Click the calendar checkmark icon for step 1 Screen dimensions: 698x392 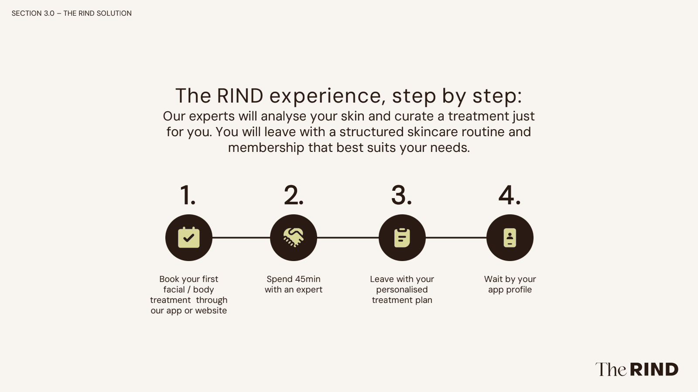click(x=189, y=238)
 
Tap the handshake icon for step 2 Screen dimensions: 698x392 click(x=294, y=238)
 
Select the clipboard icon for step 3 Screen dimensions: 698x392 click(x=402, y=238)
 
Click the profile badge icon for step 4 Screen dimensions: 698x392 click(x=510, y=238)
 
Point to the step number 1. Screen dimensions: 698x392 click(x=188, y=195)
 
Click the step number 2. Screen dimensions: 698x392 click(x=294, y=195)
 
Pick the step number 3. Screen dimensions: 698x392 click(x=401, y=195)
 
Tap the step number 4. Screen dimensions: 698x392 click(x=510, y=195)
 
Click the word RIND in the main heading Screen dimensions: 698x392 click(x=240, y=96)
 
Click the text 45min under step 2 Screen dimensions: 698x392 click(x=308, y=279)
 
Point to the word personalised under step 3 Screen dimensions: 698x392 click(x=402, y=290)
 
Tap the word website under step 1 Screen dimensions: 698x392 click(x=211, y=311)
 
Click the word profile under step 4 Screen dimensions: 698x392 click(x=519, y=290)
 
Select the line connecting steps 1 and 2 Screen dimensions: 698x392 click(x=241, y=238)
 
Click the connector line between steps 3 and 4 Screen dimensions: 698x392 click(x=456, y=238)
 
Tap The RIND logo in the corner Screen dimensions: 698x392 click(x=636, y=370)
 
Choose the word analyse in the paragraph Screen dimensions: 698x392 click(x=284, y=117)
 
